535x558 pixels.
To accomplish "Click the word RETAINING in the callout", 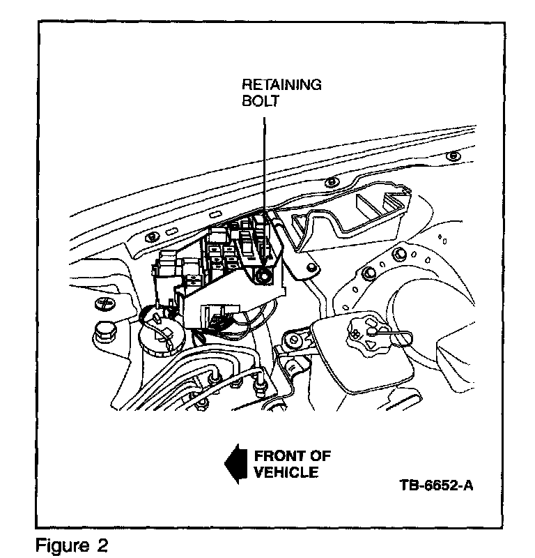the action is coord(281,85).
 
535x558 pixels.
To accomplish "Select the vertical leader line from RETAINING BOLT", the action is coord(265,167).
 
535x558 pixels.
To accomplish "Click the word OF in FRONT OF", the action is coord(320,456).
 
